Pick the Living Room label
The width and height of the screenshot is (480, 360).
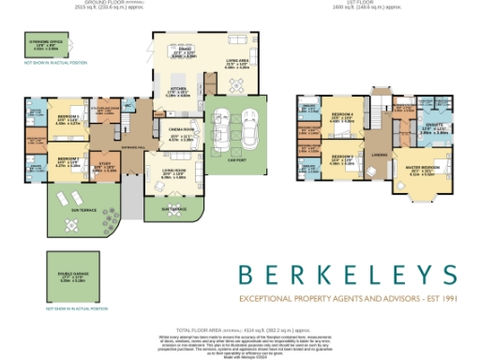[x=173, y=173]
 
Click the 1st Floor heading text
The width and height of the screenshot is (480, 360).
[x=383, y=3]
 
